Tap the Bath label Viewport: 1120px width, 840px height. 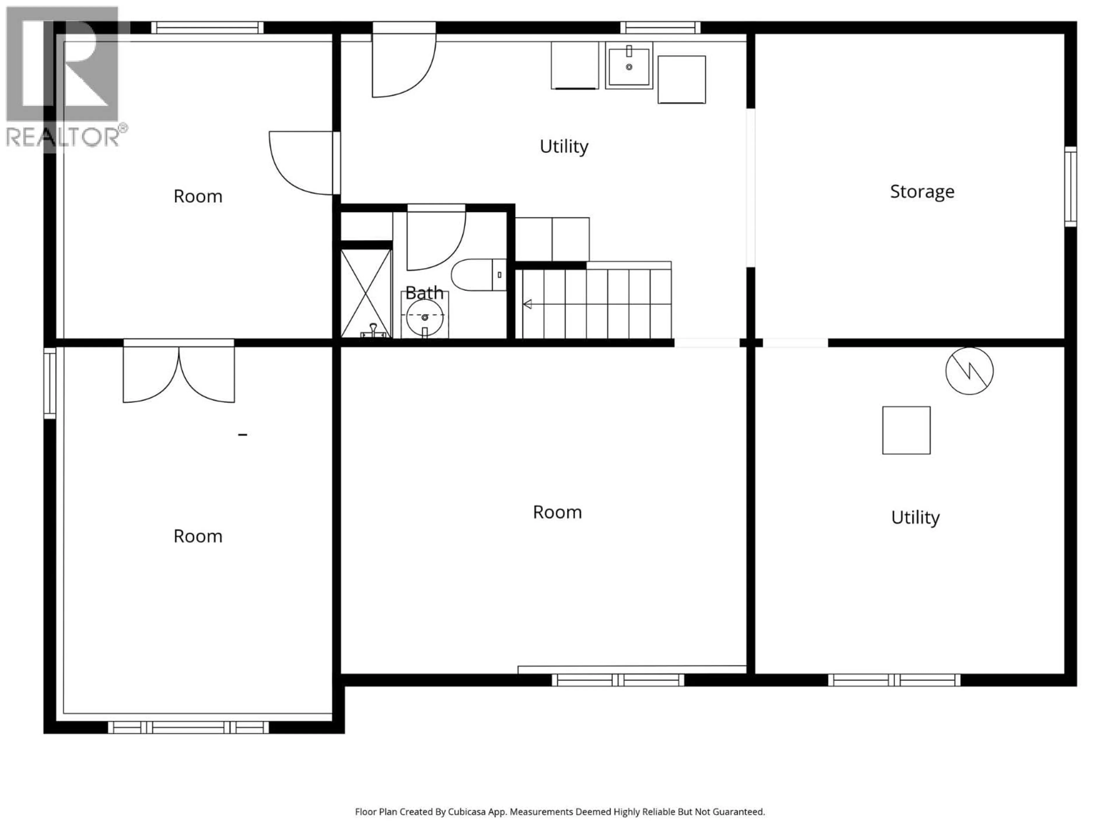click(x=424, y=293)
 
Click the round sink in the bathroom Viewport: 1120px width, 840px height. click(x=425, y=317)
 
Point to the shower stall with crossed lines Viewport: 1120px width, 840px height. click(x=366, y=294)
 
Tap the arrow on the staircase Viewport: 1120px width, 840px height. click(x=528, y=304)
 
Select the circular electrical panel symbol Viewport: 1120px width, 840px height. click(x=969, y=371)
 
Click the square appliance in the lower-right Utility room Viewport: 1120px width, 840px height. click(x=906, y=430)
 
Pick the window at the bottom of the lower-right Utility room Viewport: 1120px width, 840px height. click(x=894, y=680)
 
